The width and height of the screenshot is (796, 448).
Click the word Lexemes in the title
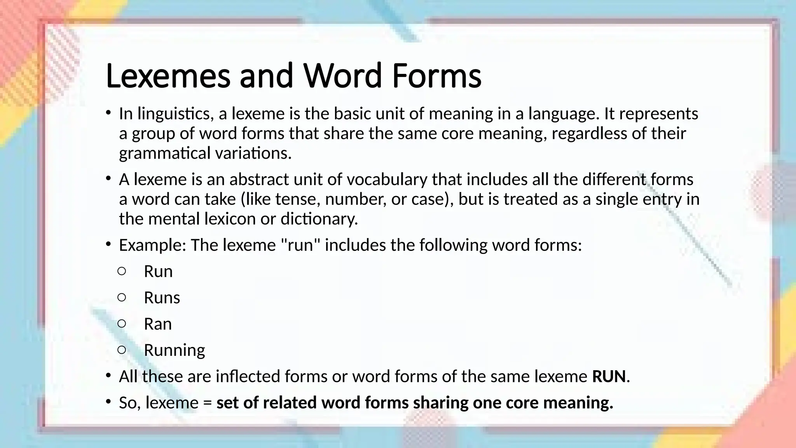tap(168, 76)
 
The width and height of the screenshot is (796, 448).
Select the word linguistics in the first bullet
tap(175, 114)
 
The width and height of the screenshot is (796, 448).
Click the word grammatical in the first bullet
tap(165, 153)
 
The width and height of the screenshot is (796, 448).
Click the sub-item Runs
tap(162, 298)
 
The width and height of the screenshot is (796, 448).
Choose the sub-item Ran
tap(157, 324)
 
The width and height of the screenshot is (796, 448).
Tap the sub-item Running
tap(174, 350)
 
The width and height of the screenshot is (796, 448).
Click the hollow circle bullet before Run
tap(122, 271)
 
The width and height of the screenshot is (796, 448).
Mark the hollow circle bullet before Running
tap(122, 350)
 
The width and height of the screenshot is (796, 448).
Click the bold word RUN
tap(609, 376)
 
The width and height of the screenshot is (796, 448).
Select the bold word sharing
tap(440, 403)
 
